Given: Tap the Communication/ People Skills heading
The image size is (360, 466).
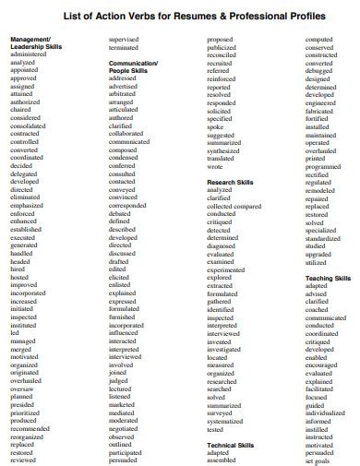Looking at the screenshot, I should click(133, 66).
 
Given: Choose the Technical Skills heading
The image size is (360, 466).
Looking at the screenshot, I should click(230, 445).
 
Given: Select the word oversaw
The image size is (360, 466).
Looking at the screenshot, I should click(22, 388).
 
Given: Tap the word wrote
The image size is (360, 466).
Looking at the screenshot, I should click(215, 166).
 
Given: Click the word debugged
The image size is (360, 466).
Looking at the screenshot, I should click(320, 70).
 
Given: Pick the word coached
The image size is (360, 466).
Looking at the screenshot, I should click(317, 309).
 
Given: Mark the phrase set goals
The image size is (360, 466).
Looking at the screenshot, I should click(318, 460).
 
